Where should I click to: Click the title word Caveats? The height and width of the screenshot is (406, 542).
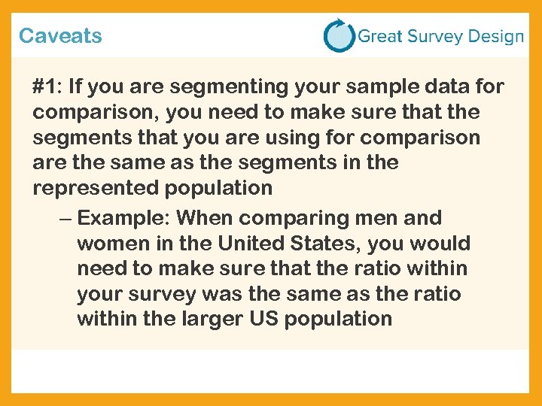(60, 35)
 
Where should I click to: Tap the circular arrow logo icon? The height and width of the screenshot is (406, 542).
(339, 35)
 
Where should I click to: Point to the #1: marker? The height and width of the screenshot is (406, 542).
(47, 87)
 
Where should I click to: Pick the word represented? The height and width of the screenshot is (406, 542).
(93, 188)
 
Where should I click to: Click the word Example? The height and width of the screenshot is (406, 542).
(123, 219)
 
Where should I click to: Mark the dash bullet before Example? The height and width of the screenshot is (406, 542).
(65, 219)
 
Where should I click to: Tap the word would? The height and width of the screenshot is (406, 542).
(440, 244)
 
